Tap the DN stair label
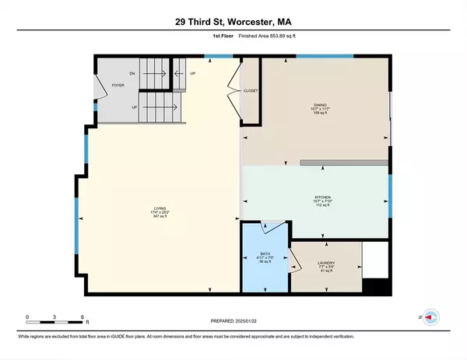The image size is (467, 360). tap(133, 73)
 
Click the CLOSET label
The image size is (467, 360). tap(251, 90)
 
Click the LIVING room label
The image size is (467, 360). tap(158, 208)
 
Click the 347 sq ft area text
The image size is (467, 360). tap(158, 217)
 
